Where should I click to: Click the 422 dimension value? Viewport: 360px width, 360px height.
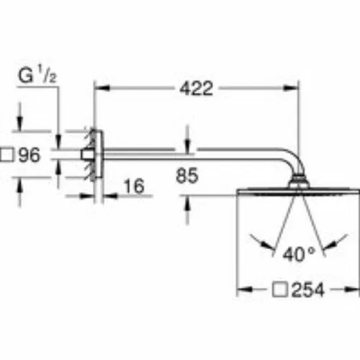click(x=197, y=89)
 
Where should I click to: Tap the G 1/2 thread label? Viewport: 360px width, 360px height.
click(x=37, y=75)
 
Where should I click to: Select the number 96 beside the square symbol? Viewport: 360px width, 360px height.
click(x=30, y=155)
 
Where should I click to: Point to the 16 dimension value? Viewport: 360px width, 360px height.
click(x=134, y=186)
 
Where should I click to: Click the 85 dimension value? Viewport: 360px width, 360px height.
click(x=187, y=176)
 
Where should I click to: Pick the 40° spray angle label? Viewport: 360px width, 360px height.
click(x=299, y=254)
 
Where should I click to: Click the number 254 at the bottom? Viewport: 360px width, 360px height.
click(x=308, y=289)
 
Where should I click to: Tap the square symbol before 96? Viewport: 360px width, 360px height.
click(x=6, y=155)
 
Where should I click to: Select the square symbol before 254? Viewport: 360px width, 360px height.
click(x=279, y=289)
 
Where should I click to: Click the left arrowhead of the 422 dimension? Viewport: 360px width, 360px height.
click(x=102, y=88)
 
